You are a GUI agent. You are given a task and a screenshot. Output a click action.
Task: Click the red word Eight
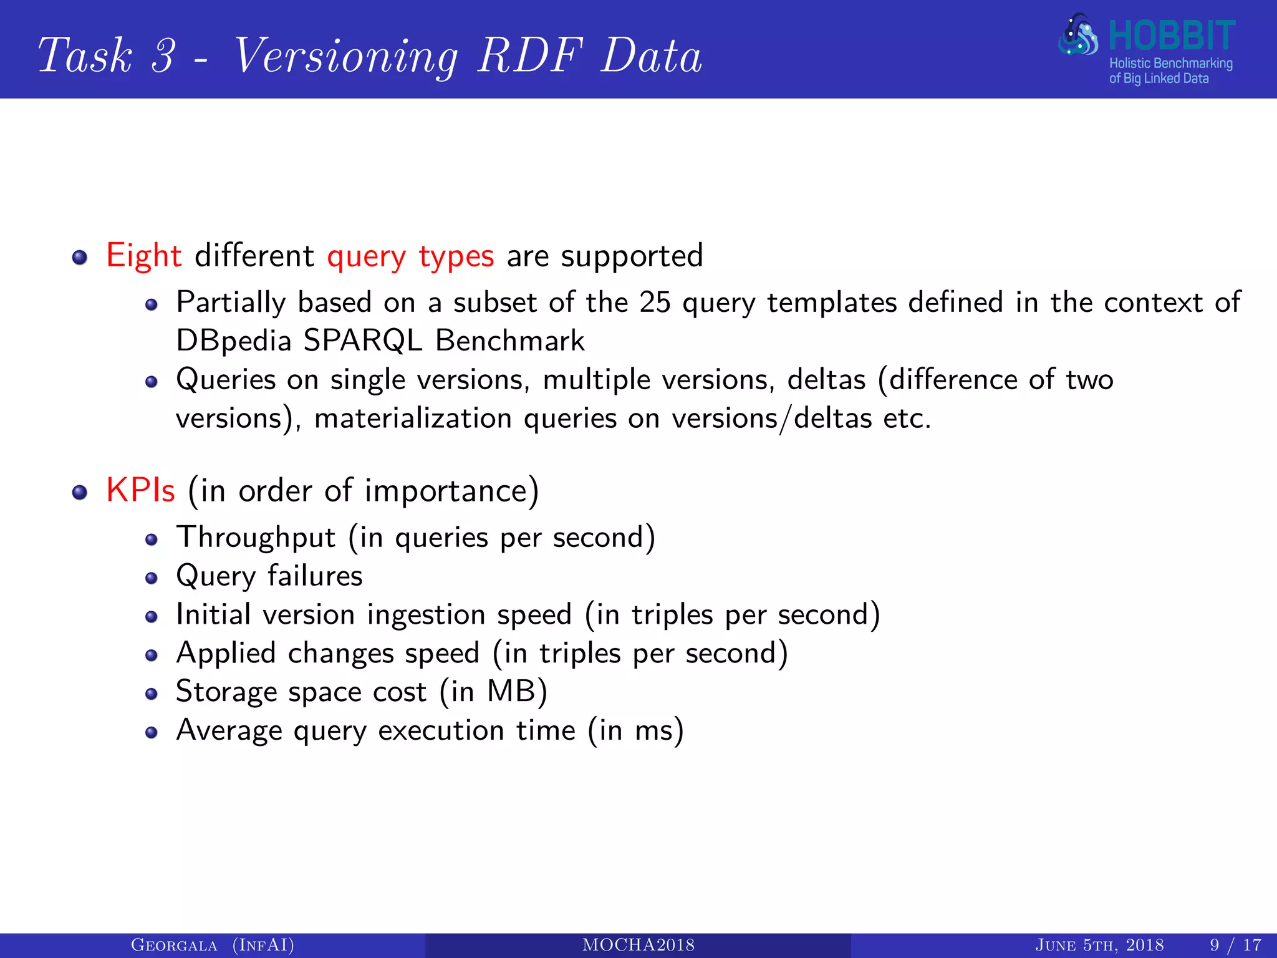[143, 256]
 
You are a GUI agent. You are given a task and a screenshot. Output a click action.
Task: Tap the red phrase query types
[410, 257]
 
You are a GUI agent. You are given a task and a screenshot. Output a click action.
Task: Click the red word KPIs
[140, 490]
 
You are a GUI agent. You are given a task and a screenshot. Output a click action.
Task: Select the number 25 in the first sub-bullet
[655, 302]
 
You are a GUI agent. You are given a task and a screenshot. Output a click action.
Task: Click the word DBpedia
[234, 341]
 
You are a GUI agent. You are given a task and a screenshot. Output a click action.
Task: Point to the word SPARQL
[362, 341]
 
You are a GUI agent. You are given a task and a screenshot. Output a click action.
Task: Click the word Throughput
[256, 538]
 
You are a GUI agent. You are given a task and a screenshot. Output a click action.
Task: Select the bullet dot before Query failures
[151, 578]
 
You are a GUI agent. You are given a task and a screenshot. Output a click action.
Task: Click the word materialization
[413, 418]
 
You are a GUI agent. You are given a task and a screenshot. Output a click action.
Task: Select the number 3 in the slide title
[163, 55]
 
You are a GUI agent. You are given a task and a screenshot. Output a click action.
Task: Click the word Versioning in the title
[346, 56]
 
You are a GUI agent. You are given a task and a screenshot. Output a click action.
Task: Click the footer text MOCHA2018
[638, 945]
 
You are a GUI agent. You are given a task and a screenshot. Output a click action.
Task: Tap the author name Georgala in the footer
[174, 945]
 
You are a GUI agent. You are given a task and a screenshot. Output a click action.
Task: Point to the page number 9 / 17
[1235, 945]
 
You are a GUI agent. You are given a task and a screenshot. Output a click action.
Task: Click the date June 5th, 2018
[1099, 945]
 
